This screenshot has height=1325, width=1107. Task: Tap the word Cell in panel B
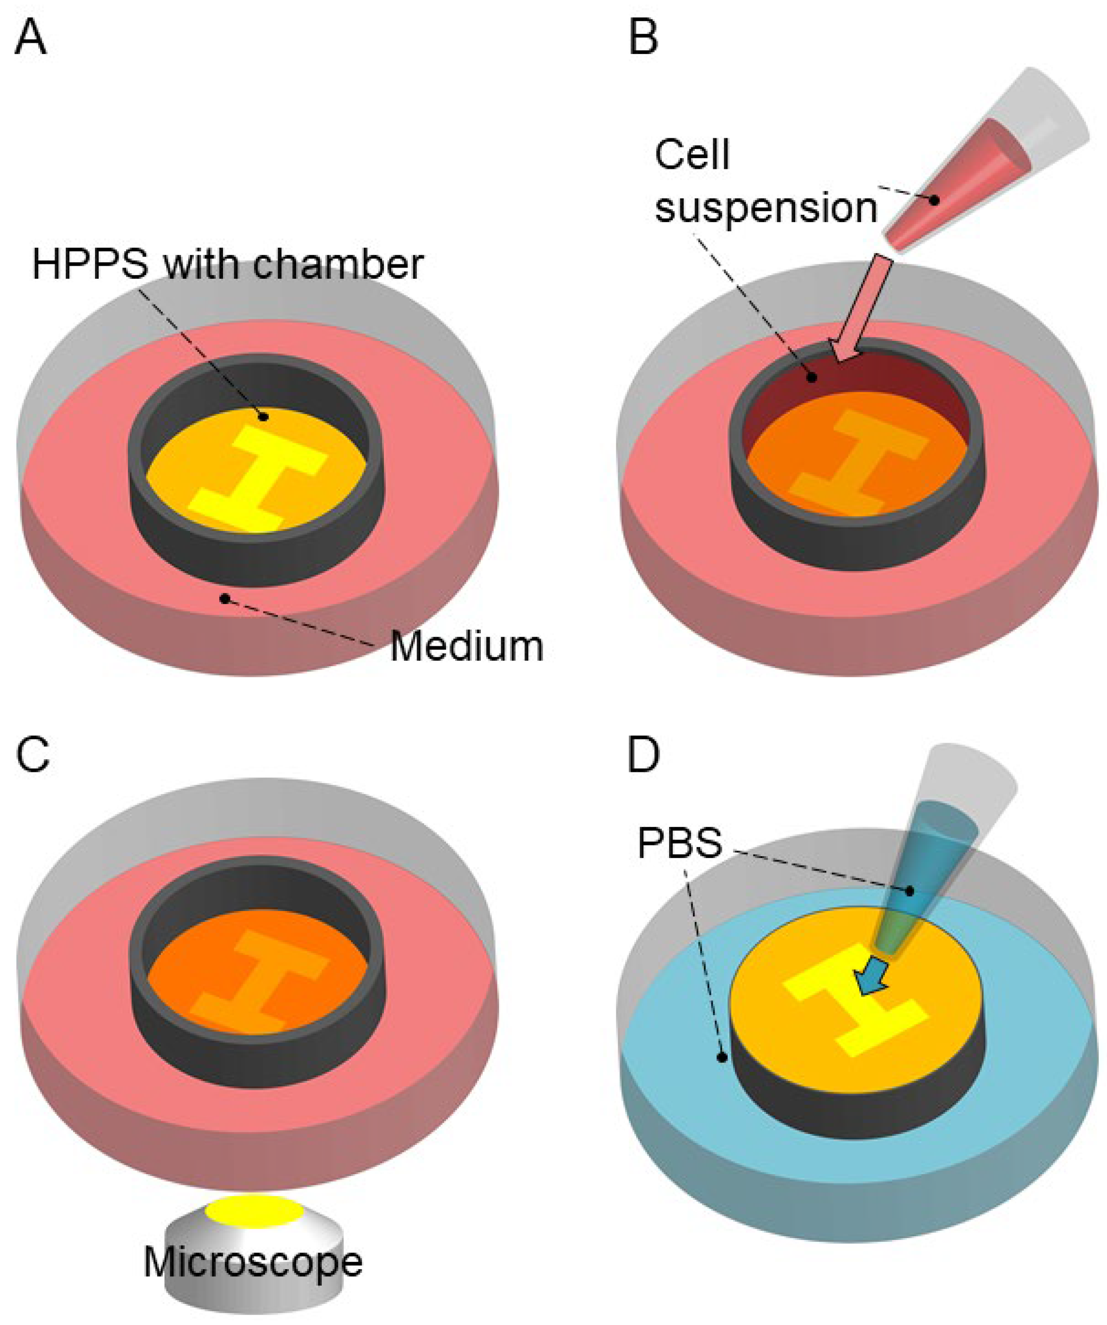tap(692, 154)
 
